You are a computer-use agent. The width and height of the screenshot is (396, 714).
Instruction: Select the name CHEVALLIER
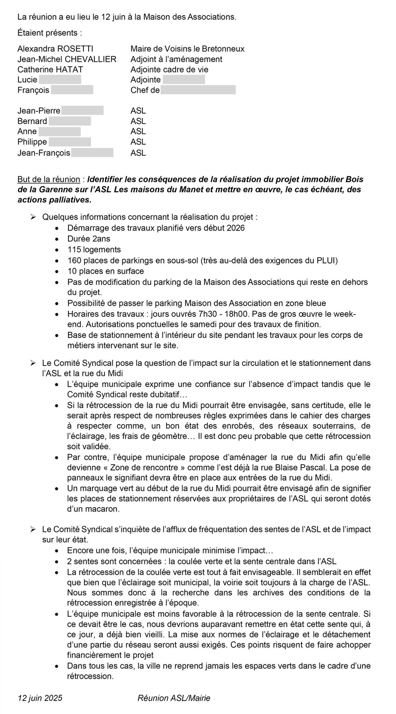90,59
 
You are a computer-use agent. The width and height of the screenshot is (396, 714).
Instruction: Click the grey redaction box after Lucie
60,79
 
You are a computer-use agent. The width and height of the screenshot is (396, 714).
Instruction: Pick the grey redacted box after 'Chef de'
198,90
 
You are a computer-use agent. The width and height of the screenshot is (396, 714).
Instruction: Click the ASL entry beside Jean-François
138,153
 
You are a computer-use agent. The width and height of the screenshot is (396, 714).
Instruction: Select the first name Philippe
32,142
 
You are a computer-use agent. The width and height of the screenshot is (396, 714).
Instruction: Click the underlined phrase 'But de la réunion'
49,179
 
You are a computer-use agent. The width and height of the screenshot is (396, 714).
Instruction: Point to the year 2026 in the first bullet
236,228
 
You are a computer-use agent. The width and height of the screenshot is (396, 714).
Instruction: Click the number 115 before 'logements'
74,250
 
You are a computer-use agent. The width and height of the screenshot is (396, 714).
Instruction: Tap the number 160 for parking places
74,260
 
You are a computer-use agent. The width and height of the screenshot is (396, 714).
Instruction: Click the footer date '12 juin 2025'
40,698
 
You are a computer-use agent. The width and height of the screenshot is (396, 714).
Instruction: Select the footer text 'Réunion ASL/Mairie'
174,698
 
